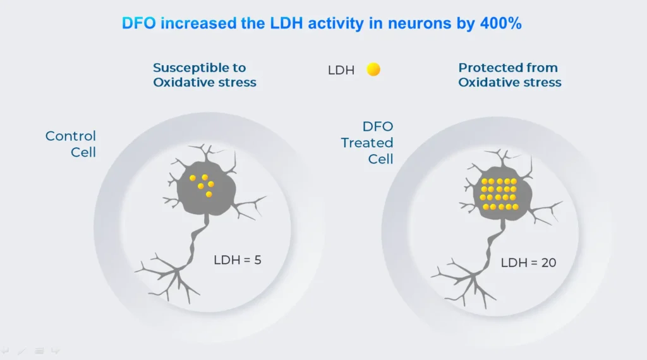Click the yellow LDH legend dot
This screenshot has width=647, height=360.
click(x=373, y=69)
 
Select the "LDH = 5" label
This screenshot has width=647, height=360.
click(x=238, y=259)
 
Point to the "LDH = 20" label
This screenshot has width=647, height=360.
click(x=528, y=262)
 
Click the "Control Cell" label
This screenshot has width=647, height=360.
click(x=71, y=144)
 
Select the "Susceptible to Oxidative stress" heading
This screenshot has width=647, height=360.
click(x=205, y=75)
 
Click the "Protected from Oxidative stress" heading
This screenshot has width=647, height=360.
click(x=509, y=75)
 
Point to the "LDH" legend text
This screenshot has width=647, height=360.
click(x=341, y=70)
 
